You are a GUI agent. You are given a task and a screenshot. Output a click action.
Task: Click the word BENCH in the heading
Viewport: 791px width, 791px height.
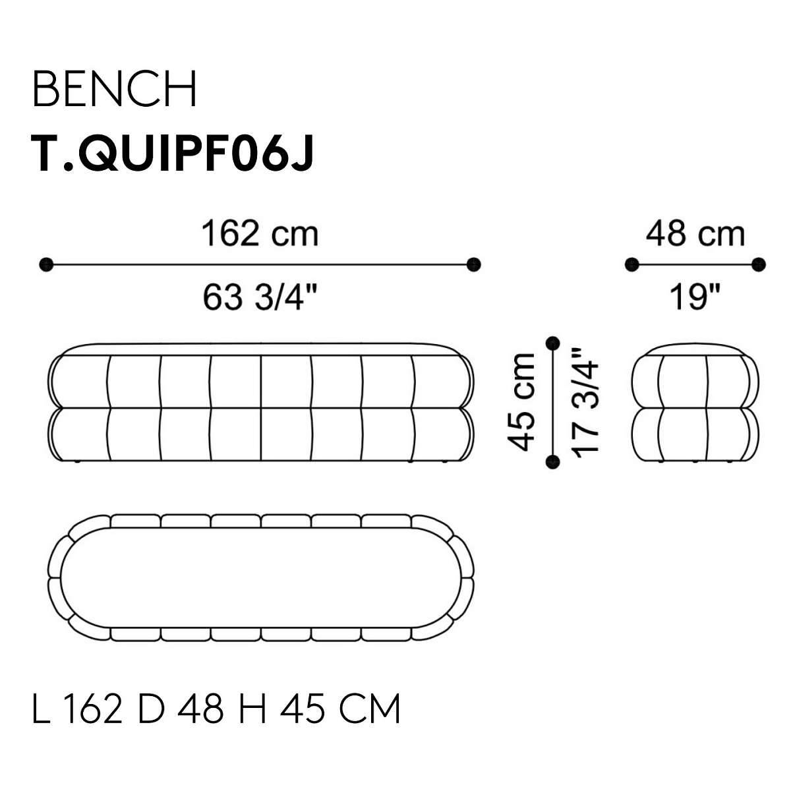pyautogui.click(x=114, y=89)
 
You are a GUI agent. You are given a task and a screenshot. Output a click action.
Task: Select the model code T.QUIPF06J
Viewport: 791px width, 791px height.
pyautogui.click(x=173, y=154)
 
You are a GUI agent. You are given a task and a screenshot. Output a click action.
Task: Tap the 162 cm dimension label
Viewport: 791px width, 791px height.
pyautogui.click(x=260, y=235)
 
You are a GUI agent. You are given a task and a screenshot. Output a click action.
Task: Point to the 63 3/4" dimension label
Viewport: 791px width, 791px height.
pyautogui.click(x=260, y=297)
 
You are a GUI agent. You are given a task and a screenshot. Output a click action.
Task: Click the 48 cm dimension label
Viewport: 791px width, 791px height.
pyautogui.click(x=695, y=235)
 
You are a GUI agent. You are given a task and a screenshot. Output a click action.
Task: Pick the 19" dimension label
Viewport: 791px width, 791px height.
pyautogui.click(x=695, y=297)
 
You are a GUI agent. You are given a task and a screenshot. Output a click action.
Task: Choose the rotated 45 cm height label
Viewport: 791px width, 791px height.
pyautogui.click(x=521, y=402)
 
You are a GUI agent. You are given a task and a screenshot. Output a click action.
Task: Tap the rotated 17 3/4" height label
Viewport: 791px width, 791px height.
pyautogui.click(x=585, y=403)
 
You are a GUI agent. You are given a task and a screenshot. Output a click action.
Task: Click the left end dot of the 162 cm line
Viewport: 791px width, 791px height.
pyautogui.click(x=46, y=265)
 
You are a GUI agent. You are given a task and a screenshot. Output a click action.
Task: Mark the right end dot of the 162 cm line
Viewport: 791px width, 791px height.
pyautogui.click(x=474, y=265)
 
